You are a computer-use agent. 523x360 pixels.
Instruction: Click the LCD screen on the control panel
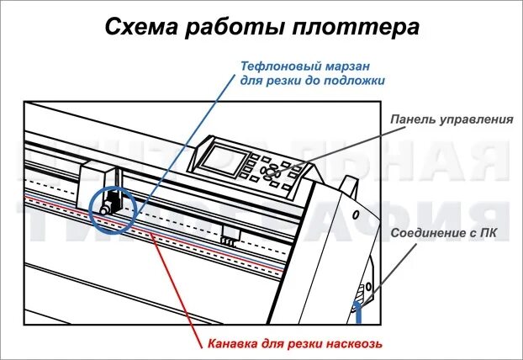(x=228, y=159)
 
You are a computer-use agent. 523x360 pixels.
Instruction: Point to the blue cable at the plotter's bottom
(x=358, y=314)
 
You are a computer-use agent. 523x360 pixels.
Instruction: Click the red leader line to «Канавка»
(x=177, y=286)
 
